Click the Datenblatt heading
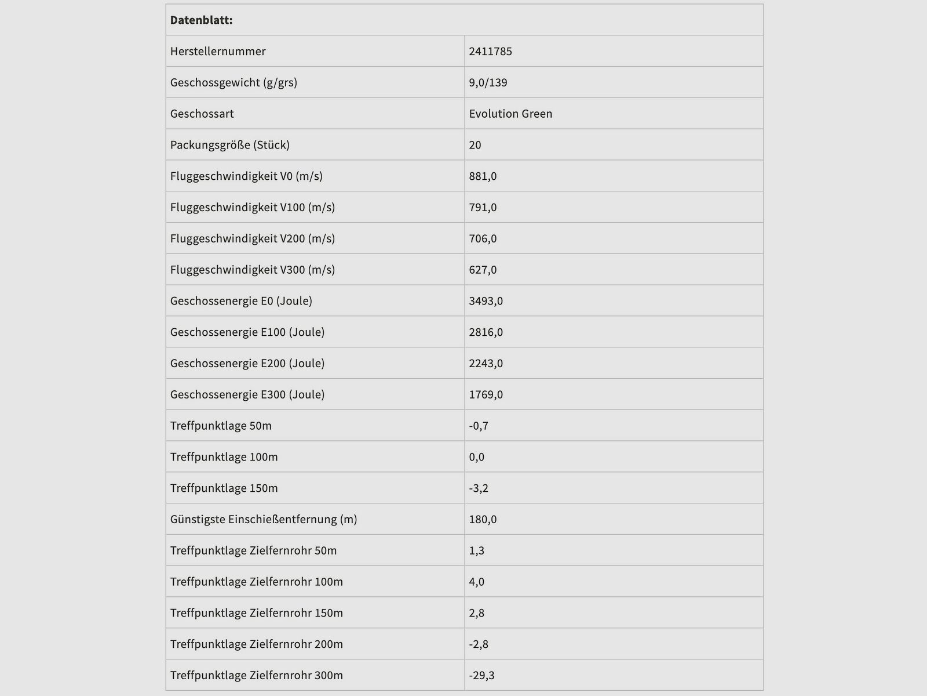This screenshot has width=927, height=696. coord(201,20)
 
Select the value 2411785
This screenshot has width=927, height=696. coord(490,51)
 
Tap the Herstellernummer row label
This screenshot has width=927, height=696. coord(218,51)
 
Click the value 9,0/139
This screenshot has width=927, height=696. coord(488,82)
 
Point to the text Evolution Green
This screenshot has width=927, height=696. coord(510,114)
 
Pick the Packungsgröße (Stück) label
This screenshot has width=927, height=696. coord(229,145)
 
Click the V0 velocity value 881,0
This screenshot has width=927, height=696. coord(483,176)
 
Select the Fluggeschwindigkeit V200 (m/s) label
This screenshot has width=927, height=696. coord(252,238)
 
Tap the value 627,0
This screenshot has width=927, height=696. coord(483,270)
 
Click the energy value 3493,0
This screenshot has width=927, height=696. coord(486,301)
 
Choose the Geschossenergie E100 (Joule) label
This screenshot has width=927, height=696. coord(247,332)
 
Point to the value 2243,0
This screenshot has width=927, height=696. coord(486,364)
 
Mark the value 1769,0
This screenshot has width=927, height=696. coord(486,395)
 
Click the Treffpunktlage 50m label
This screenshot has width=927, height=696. coord(221,426)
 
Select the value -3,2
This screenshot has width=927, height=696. coord(479,488)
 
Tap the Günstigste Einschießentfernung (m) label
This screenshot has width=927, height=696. coord(263,520)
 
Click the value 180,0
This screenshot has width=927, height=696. coord(483,520)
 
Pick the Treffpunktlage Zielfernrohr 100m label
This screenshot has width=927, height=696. coord(256,582)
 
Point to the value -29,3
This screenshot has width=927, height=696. coord(481,676)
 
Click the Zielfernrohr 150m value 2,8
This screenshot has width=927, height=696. coord(476,613)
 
